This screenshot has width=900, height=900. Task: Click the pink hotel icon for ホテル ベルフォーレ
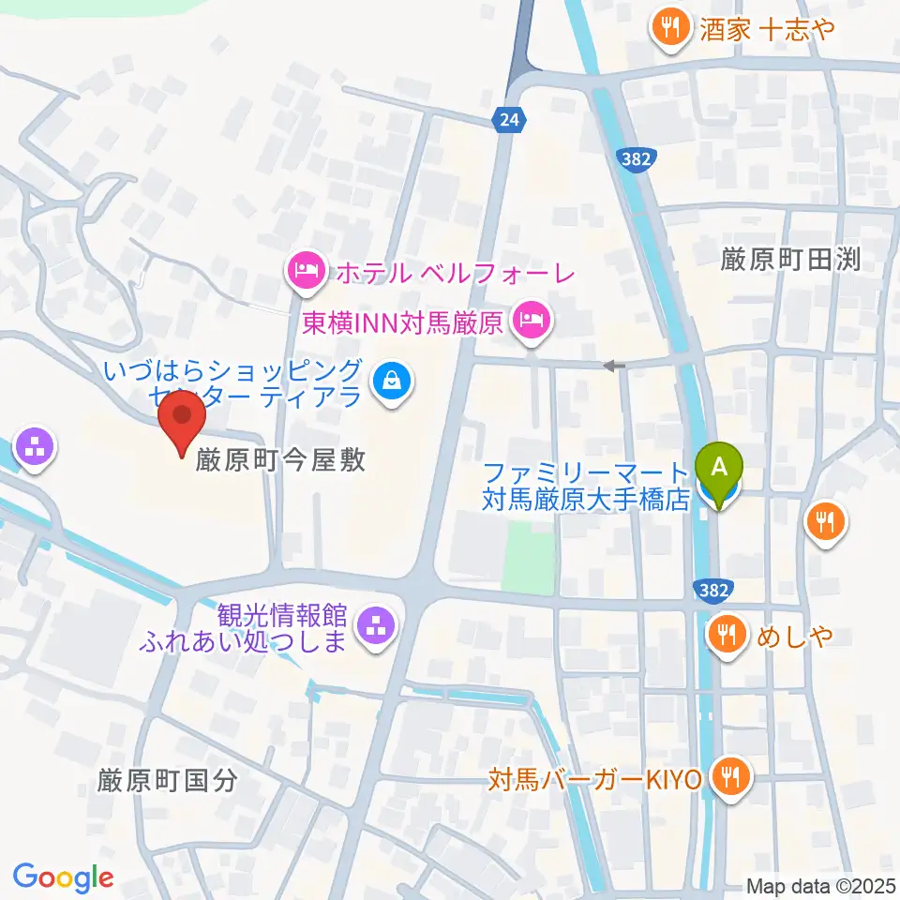pos(307,273)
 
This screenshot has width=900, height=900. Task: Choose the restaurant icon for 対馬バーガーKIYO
pos(727,777)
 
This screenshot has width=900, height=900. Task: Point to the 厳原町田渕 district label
pos(791,260)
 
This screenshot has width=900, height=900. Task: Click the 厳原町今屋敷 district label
pos(280,459)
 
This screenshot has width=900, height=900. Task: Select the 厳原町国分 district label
pos(169,780)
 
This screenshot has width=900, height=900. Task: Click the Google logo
pos(63,877)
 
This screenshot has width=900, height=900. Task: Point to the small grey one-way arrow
pos(613,366)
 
